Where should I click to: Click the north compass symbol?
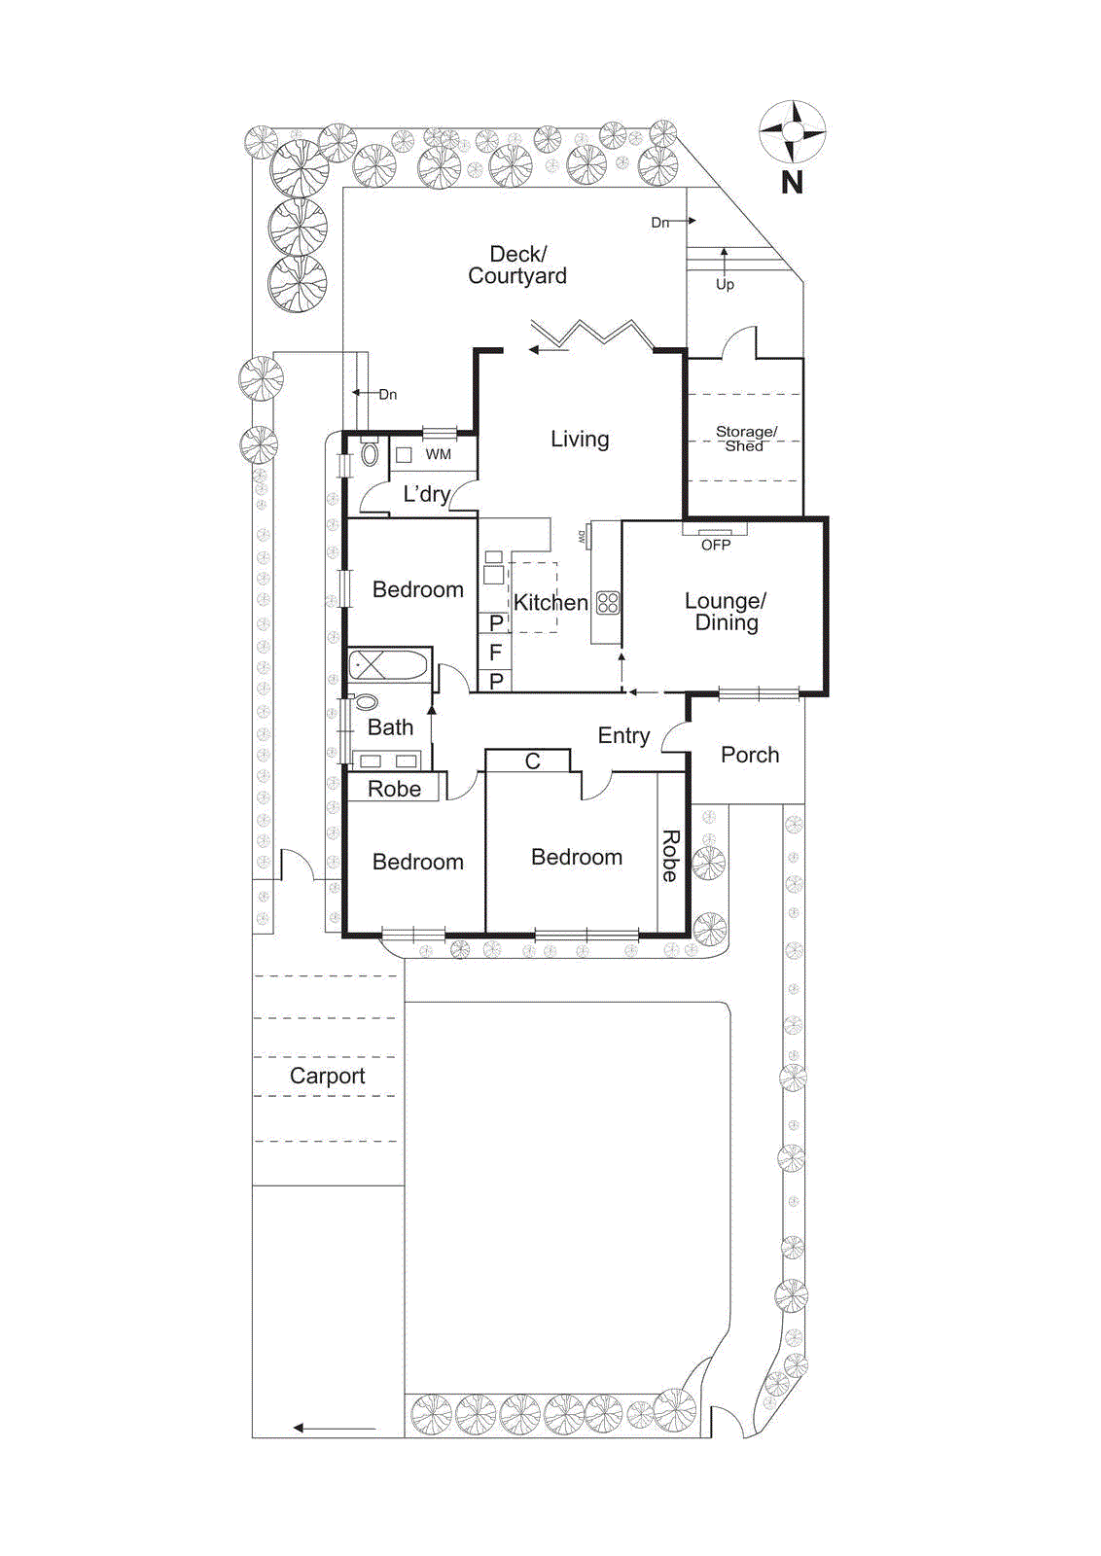792,131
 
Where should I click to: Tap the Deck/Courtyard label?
517,265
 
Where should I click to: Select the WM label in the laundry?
438,454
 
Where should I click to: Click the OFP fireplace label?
716,545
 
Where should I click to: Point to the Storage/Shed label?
746,439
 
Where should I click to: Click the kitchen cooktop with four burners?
608,602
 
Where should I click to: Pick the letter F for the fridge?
495,653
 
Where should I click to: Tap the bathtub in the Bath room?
388,665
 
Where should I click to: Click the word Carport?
327,1076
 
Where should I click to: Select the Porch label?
750,755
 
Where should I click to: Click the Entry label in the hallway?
623,735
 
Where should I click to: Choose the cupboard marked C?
532,761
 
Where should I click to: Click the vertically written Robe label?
670,856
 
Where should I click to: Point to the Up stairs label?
725,284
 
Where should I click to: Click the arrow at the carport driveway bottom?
334,1428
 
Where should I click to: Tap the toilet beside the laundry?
370,453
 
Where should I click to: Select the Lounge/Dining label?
726,612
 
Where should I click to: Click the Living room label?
580,439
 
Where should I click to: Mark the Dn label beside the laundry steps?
387,394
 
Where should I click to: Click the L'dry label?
426,494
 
